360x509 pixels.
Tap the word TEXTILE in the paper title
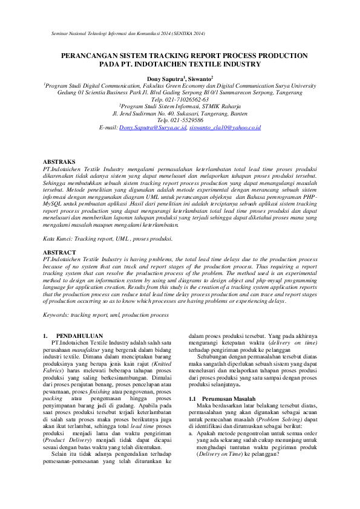212,63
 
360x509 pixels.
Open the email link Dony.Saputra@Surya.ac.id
154,128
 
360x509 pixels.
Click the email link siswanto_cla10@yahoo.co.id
225,128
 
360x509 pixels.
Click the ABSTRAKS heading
59,163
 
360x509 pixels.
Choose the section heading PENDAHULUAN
79,336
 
